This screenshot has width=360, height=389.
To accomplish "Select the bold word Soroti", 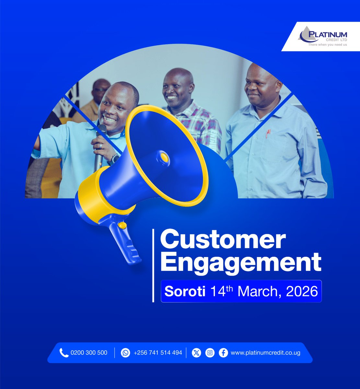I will pyautogui.click(x=185, y=291).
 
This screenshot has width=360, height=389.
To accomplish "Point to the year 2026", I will pyautogui.click(x=302, y=291).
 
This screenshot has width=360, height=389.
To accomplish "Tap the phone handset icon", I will pyautogui.click(x=64, y=353).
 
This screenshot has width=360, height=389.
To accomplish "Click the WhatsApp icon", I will pyautogui.click(x=125, y=353).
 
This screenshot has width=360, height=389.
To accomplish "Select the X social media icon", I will pyautogui.click(x=196, y=353).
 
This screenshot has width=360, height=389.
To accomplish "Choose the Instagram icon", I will pyautogui.click(x=210, y=353).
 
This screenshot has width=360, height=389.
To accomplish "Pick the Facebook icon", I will pyautogui.click(x=223, y=353).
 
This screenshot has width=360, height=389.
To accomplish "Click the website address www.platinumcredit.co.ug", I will pyautogui.click(x=265, y=353).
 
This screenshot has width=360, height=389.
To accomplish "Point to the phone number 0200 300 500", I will pyautogui.click(x=89, y=353).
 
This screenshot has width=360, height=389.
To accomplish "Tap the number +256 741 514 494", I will pyautogui.click(x=158, y=353).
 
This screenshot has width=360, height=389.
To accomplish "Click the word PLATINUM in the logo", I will pyautogui.click(x=328, y=35).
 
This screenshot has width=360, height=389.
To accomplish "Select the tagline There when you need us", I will pyautogui.click(x=327, y=44).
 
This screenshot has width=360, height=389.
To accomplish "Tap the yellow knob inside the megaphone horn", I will pyautogui.click(x=165, y=158).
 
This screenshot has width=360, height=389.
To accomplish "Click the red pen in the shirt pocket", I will pyautogui.click(x=268, y=133).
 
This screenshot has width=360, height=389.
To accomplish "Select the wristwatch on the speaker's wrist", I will pyautogui.click(x=114, y=159).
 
